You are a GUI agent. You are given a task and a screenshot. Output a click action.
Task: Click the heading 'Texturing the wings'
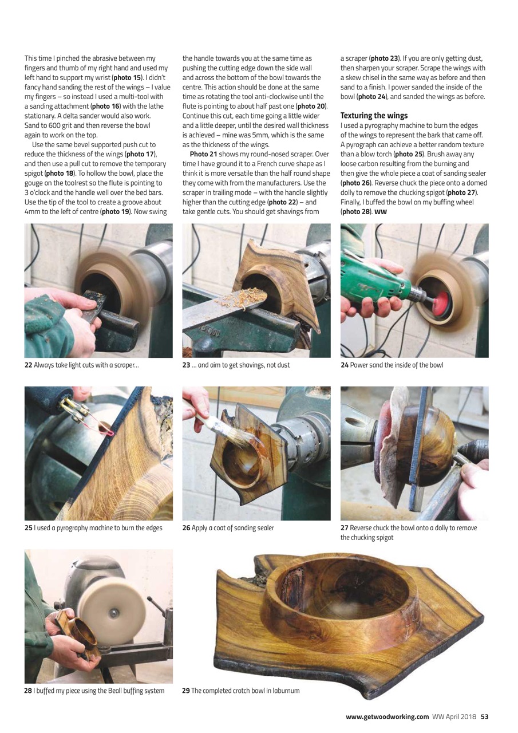coord(374,116)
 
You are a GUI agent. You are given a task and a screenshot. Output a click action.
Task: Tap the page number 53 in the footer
coord(484,716)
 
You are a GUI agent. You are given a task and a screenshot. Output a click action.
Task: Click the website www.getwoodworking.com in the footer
coord(387,716)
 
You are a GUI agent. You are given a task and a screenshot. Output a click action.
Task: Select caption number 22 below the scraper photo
coord(28,365)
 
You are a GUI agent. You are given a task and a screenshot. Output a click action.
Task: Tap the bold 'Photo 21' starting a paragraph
coord(203,154)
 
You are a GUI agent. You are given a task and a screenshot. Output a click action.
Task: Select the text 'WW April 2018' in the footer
coord(454,716)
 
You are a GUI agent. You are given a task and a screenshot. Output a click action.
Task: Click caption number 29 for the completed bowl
coord(186,691)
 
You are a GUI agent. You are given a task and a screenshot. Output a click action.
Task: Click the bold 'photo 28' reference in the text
coord(355,212)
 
